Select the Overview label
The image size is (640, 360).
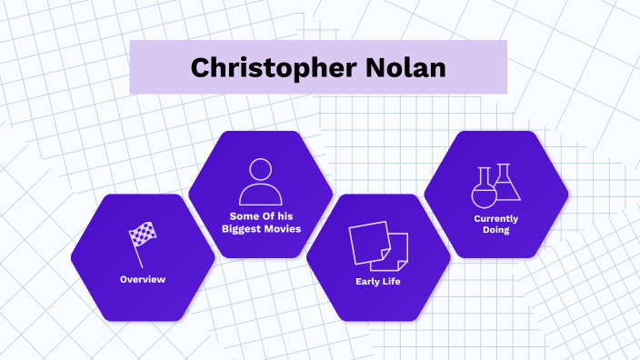coord(143,279)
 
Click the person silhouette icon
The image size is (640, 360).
coord(261,181)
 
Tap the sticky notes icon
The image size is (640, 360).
coord(378,244)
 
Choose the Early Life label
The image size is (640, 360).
coord(378,281)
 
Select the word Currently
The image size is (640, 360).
coord(496,218)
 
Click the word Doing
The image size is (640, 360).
coord(496,231)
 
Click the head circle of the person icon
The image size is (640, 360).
coord(261,170)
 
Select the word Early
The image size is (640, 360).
coord(367,281)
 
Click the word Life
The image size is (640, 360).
coord(392,281)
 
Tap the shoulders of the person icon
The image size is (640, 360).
coord(261,195)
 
